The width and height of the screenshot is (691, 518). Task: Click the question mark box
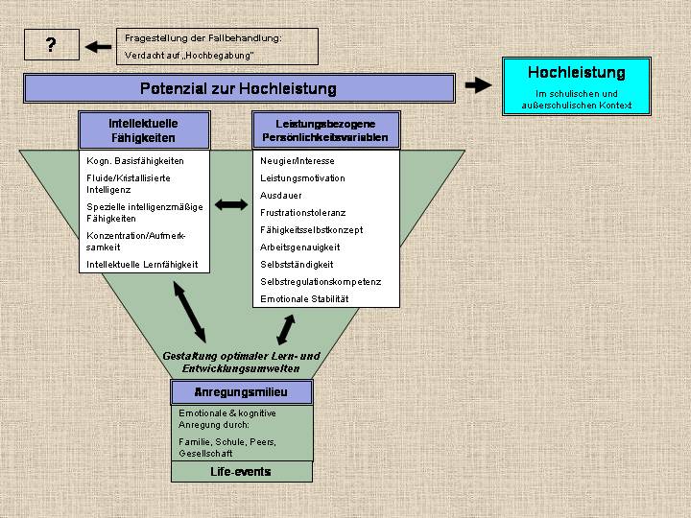pos(51,45)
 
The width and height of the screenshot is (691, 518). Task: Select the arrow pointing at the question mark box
pos(98,45)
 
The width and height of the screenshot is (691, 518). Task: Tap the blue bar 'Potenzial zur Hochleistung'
pos(238,88)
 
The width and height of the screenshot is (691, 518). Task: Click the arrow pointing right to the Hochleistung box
pos(478,85)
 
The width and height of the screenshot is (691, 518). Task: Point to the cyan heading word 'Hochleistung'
pos(576,73)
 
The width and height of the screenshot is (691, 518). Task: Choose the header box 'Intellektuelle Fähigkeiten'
pos(143,130)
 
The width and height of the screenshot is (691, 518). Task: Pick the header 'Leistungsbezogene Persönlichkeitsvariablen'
pos(325,130)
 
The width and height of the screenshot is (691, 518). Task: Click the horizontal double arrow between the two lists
pos(231,204)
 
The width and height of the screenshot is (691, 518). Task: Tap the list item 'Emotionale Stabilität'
pos(304,299)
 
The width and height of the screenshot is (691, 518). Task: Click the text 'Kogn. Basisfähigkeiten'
pos(135,161)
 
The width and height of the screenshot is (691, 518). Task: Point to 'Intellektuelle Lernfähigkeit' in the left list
pos(142,264)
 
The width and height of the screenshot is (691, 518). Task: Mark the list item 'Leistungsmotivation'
pos(302,178)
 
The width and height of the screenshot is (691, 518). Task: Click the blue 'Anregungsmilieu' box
pos(241,392)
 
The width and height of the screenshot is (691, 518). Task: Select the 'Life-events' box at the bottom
pos(241,472)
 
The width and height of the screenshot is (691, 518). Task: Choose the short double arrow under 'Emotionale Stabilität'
pos(285,329)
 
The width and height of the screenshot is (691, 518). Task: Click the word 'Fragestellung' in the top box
pos(151,37)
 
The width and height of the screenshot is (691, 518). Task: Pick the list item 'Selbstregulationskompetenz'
pos(321,282)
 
